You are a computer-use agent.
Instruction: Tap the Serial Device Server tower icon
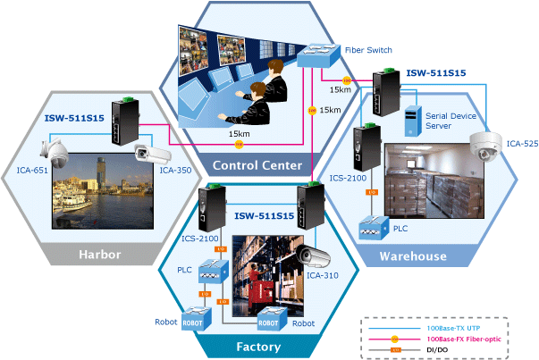click(413, 121)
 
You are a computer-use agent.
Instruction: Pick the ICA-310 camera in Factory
click(315, 256)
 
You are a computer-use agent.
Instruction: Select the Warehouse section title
click(414, 255)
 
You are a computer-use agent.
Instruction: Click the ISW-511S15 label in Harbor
click(73, 117)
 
